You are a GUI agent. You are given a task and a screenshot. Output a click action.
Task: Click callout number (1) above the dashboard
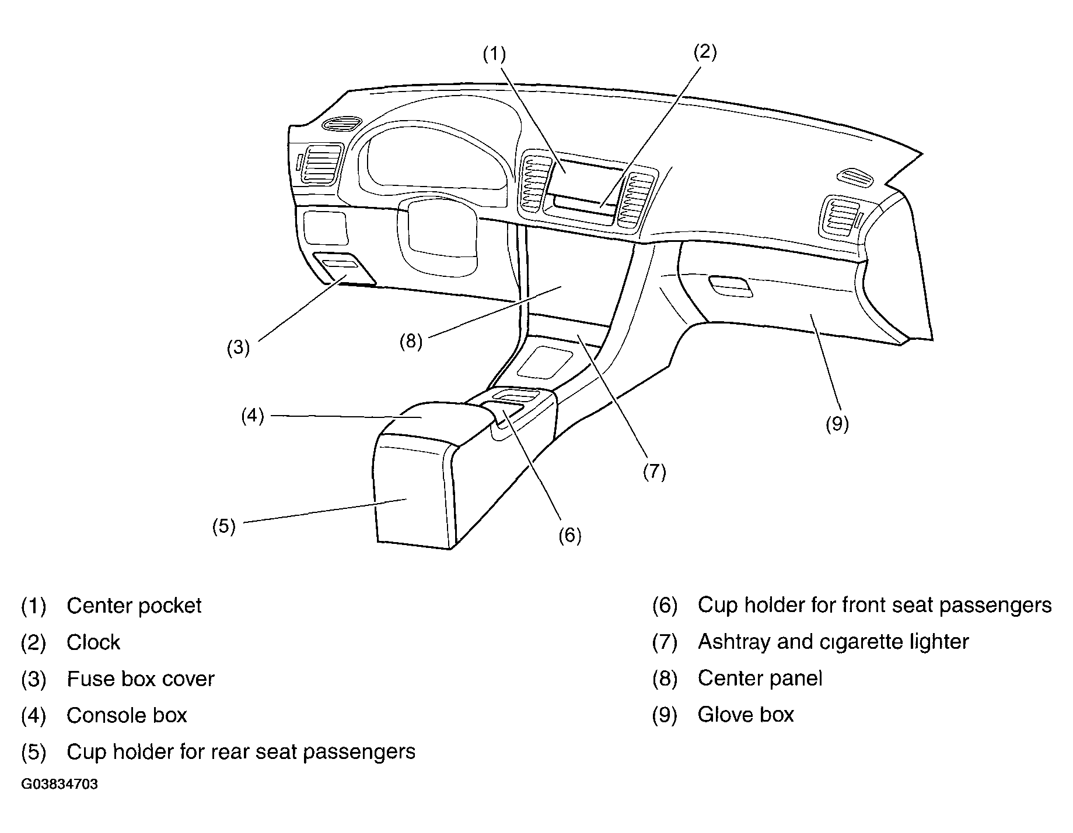(494, 54)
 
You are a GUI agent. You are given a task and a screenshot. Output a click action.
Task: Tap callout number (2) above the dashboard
(704, 52)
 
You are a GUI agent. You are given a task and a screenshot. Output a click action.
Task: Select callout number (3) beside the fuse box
(238, 348)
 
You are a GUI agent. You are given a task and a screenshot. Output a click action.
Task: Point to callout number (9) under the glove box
(837, 424)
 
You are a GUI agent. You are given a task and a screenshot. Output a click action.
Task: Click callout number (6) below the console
(569, 535)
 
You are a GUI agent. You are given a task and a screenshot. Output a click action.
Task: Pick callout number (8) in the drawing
(411, 341)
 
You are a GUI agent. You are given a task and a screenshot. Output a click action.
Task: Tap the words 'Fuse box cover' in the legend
(141, 679)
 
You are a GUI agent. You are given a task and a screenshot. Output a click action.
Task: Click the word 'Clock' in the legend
(93, 642)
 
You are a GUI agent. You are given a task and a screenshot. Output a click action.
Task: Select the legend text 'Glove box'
(746, 715)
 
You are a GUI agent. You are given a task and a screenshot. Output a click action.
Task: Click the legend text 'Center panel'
(760, 679)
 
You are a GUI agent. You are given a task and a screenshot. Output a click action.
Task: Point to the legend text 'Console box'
(127, 715)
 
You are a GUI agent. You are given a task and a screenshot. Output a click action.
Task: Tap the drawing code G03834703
(60, 784)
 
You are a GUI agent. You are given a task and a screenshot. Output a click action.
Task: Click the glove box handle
(730, 286)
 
